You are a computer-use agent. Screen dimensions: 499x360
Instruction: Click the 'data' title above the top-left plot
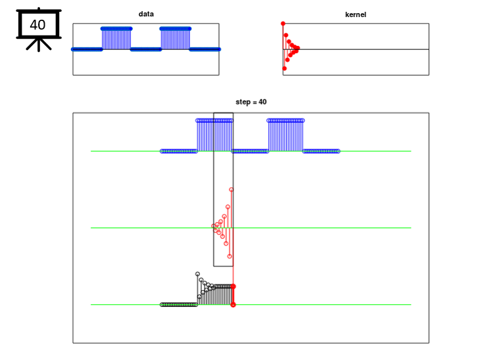pos(146,14)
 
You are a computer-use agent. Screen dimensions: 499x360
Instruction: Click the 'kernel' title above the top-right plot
pos(356,14)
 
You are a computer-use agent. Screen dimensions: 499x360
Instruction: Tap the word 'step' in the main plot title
pos(243,102)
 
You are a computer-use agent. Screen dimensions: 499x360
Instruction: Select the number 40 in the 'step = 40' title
pos(262,102)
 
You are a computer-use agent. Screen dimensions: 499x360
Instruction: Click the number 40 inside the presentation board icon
pos(37,25)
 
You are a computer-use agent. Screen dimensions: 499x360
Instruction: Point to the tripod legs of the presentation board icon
pos(39,45)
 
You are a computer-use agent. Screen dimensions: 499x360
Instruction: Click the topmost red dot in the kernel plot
pos(283,24)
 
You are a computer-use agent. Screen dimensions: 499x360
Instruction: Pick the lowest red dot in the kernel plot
pos(285,68)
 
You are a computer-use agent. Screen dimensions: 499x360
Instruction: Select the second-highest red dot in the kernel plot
pos(286,35)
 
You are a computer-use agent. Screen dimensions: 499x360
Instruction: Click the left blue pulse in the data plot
pos(116,39)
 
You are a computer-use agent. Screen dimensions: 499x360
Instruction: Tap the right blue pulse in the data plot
pos(176,39)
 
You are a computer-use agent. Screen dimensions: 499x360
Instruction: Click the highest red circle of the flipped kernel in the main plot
pos(231,190)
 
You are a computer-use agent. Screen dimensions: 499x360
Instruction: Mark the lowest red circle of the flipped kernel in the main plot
pos(229,256)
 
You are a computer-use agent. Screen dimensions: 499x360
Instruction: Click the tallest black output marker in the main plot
pos(198,274)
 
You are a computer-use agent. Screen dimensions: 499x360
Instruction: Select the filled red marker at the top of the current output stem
pos(233,286)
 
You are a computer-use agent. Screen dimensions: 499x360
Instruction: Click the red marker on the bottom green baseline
pos(233,305)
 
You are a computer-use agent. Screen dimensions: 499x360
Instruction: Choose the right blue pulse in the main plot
pos(286,135)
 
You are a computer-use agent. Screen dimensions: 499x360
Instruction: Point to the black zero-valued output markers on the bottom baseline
pos(179,305)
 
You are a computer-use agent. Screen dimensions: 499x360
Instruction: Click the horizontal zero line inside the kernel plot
pos(356,49)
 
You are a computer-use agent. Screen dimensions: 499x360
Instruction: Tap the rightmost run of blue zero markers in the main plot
pos(321,151)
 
